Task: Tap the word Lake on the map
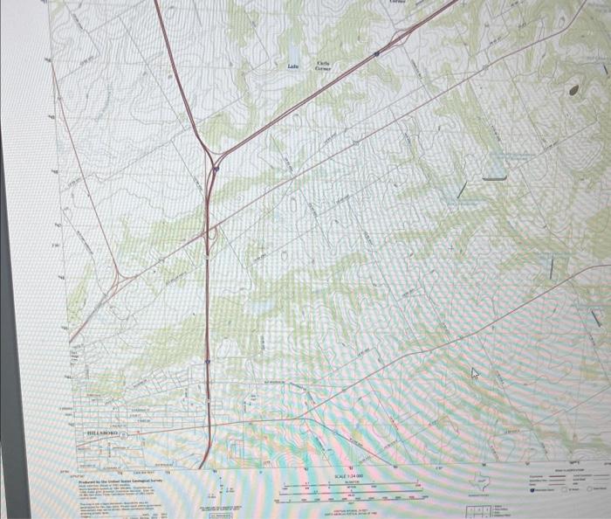(x=293, y=66)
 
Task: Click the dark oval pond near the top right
(x=573, y=89)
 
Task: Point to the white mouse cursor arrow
(x=476, y=373)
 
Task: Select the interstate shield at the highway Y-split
(x=215, y=168)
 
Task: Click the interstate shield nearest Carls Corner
(x=376, y=53)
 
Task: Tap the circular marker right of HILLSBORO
(x=125, y=433)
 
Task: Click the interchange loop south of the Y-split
(x=212, y=234)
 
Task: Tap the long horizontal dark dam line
(x=494, y=178)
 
